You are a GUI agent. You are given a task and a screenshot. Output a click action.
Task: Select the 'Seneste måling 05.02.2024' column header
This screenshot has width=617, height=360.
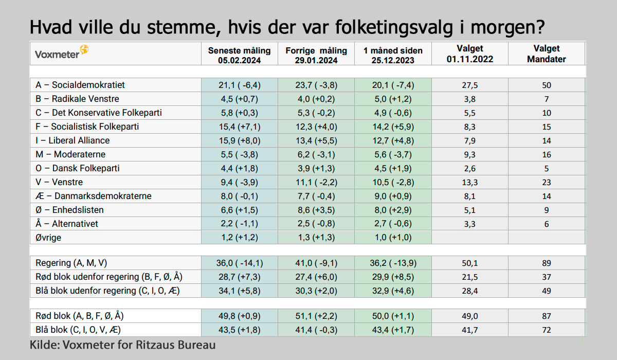click(239, 55)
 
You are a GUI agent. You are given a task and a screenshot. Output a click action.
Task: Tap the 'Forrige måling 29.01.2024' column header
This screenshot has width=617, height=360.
click(316, 55)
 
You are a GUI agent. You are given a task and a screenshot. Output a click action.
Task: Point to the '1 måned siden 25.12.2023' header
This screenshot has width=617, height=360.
click(393, 55)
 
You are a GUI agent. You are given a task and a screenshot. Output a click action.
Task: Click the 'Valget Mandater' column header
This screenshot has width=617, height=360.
click(547, 53)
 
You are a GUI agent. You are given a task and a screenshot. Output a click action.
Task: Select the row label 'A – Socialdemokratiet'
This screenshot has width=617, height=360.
click(80, 85)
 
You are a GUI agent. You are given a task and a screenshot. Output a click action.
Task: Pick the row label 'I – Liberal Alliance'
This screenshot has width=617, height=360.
click(72, 140)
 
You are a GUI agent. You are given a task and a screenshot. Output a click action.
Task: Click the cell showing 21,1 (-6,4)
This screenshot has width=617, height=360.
click(239, 85)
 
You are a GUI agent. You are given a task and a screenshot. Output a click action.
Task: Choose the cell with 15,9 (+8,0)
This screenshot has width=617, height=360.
click(239, 140)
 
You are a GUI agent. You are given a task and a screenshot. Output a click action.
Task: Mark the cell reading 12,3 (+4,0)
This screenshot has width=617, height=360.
click(316, 127)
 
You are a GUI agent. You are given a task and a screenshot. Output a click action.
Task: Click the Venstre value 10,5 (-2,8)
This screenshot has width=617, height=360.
click(393, 182)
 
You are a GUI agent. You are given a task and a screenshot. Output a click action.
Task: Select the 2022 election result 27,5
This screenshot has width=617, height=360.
click(470, 85)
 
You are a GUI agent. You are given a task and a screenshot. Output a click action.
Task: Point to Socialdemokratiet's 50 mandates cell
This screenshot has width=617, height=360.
click(547, 85)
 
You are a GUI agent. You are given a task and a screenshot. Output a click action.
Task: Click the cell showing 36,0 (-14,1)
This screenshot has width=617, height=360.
click(239, 263)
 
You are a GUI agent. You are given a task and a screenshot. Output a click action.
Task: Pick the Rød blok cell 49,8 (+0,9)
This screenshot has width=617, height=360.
click(239, 316)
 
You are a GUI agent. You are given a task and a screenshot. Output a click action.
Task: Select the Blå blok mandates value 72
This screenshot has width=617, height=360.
click(547, 330)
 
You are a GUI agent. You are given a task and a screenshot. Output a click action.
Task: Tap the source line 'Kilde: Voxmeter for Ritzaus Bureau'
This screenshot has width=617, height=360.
click(122, 345)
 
